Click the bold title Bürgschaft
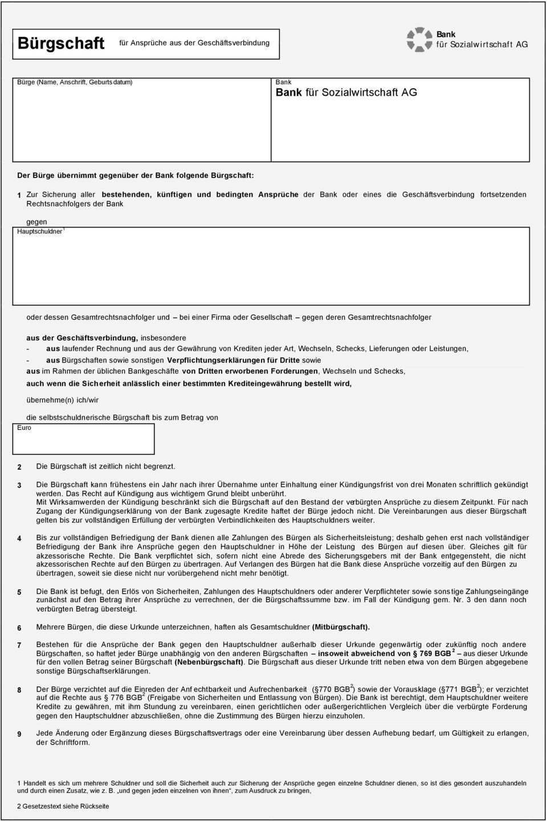click(x=61, y=43)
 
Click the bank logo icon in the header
click(x=419, y=39)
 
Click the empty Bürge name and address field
click(x=141, y=123)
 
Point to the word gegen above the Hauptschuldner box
click(x=36, y=222)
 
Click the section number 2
click(x=19, y=467)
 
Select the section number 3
click(x=19, y=485)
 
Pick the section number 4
click(x=19, y=538)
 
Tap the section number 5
click(x=19, y=592)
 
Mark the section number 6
click(x=19, y=628)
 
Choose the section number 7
click(x=19, y=645)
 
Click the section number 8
click(x=19, y=690)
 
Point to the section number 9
click(x=19, y=734)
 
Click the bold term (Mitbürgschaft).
click(x=341, y=627)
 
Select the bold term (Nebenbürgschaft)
click(x=209, y=662)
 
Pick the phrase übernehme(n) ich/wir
click(x=62, y=400)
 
